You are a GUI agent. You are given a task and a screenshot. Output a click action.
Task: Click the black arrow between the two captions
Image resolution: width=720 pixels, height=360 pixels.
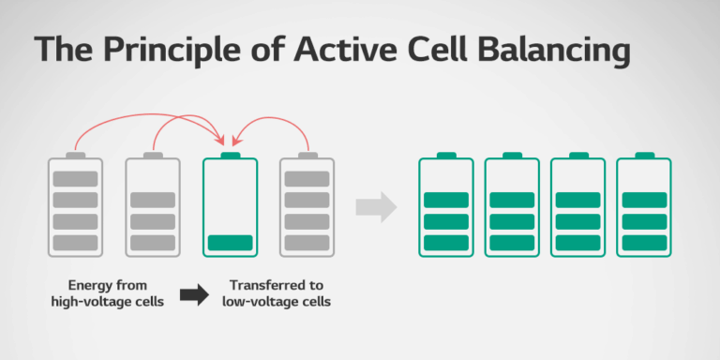coord(194,295)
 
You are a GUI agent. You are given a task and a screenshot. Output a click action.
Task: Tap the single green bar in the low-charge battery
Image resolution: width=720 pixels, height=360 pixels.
coord(230,243)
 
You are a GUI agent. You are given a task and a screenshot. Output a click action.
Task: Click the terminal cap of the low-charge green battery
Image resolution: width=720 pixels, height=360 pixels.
coord(230,155)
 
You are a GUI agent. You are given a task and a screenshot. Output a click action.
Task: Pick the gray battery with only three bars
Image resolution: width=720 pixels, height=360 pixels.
coord(152,206)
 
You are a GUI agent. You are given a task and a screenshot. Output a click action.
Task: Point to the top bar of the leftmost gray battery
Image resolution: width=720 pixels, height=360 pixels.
coord(75,179)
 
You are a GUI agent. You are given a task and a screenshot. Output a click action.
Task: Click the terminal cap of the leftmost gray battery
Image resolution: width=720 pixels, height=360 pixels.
coord(75,155)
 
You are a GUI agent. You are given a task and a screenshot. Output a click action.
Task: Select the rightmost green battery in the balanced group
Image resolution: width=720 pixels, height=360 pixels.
coord(643,206)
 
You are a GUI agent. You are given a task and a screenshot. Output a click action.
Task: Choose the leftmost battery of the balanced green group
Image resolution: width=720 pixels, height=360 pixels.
coord(445,206)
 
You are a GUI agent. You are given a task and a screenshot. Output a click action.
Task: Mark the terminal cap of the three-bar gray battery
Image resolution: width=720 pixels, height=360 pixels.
coord(152,155)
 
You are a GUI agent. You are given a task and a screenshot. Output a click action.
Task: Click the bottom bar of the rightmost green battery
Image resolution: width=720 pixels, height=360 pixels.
coord(643,243)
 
